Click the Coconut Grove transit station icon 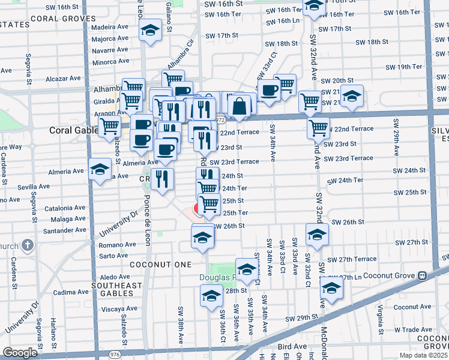[422, 275]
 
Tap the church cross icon [27, 245]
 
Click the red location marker [197, 209]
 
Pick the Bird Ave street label [293, 346]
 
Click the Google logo [20, 353]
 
